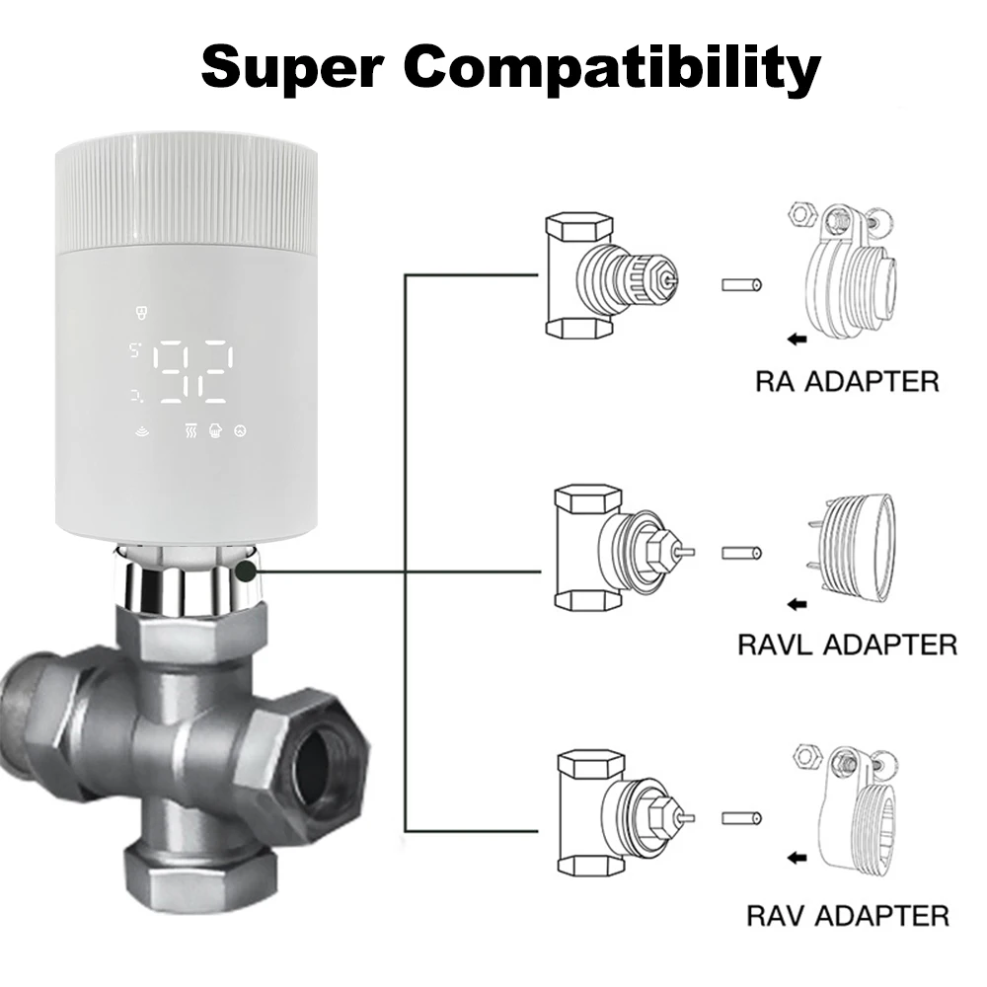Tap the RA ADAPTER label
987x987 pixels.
(847, 381)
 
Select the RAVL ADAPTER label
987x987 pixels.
(847, 645)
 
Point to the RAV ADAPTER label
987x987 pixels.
(847, 915)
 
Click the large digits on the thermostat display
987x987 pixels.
(194, 372)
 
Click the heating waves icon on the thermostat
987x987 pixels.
(190, 430)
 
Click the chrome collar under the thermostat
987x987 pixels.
(188, 582)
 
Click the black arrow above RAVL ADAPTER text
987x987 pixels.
(797, 603)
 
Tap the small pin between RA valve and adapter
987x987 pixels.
(742, 285)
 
